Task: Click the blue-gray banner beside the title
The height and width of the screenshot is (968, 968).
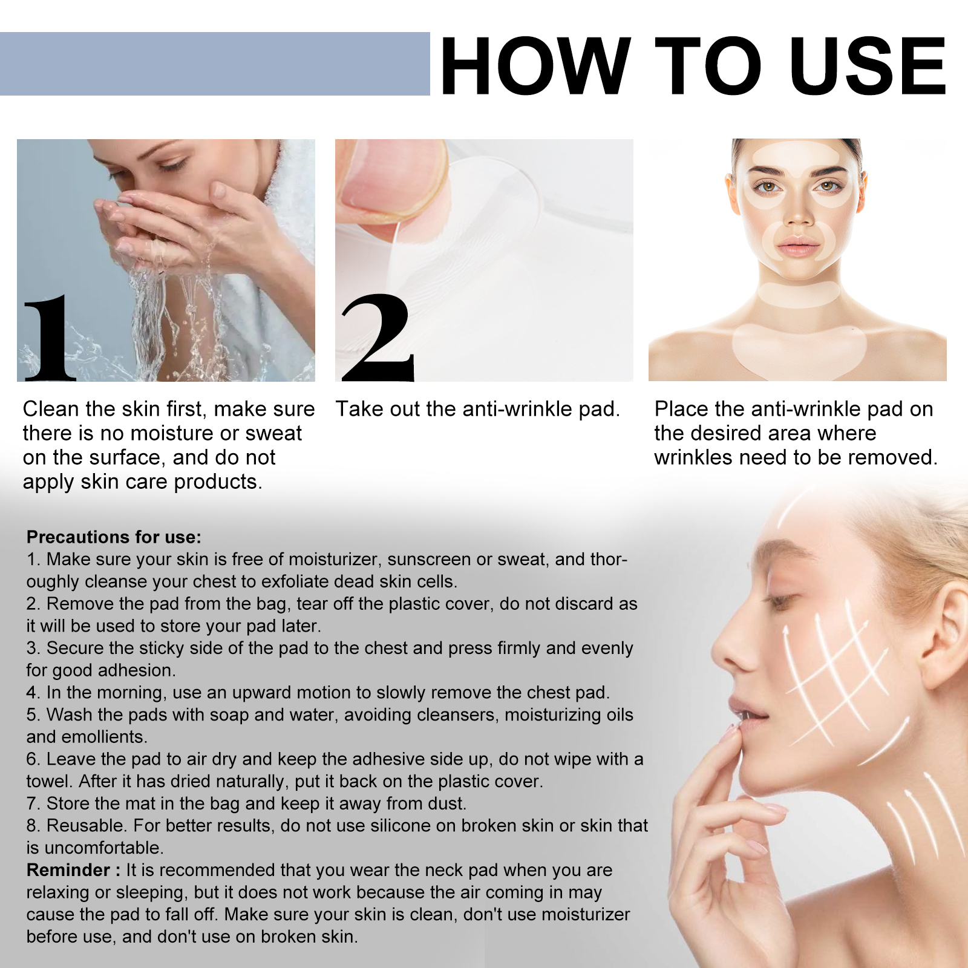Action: click(x=215, y=64)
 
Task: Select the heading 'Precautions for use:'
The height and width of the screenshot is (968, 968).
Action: click(x=114, y=537)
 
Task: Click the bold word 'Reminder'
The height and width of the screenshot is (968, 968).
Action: click(x=69, y=870)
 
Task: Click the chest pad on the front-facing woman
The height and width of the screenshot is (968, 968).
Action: click(x=799, y=351)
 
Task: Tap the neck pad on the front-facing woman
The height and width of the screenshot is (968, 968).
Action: click(x=799, y=295)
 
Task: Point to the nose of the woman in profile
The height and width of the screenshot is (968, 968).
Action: click(x=732, y=650)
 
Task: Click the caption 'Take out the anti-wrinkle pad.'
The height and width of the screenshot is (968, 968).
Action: click(x=478, y=410)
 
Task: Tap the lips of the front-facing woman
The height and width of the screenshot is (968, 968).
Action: click(x=798, y=246)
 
